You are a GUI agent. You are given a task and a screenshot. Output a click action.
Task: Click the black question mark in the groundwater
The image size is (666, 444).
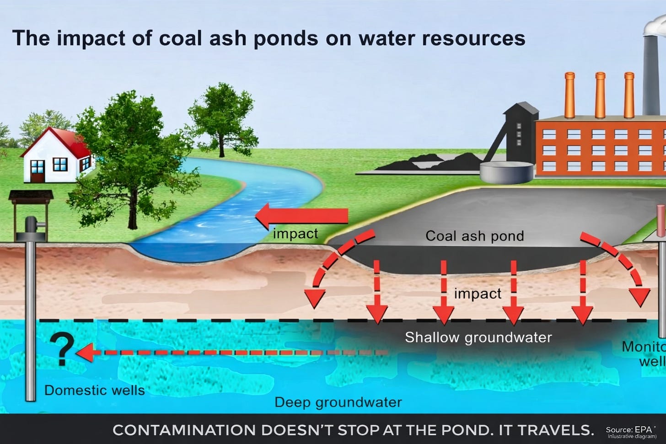tap(63, 348)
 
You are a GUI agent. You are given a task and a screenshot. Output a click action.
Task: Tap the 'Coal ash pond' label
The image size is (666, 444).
tap(474, 236)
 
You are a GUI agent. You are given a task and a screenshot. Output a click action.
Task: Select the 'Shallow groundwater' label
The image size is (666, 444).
tap(478, 337)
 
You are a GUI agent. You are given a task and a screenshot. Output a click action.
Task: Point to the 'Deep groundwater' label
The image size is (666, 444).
tap(338, 402)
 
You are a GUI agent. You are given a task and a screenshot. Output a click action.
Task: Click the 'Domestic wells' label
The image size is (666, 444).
tap(94, 391)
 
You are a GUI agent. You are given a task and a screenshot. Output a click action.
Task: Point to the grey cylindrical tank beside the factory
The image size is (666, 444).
tap(506, 172)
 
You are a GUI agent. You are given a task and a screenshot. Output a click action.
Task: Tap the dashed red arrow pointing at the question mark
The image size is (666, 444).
tap(229, 353)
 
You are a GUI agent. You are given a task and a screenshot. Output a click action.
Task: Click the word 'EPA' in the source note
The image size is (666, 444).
tap(643, 430)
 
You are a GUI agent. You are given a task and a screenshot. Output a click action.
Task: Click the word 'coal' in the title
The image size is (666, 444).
tap(180, 38)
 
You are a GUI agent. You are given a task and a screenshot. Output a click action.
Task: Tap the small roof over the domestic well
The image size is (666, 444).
tap(31, 195)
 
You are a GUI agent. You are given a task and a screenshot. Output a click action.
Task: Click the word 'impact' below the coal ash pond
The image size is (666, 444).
tap(478, 294)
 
